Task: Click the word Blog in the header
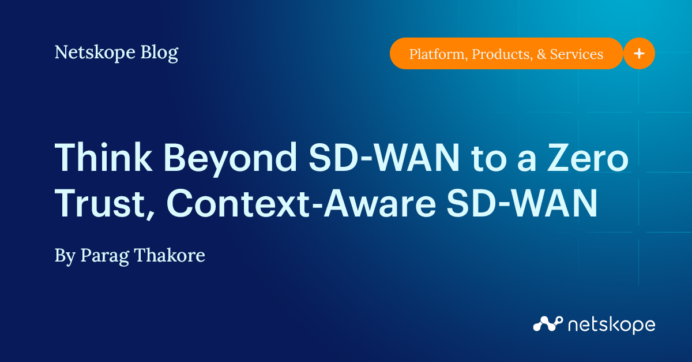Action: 159,53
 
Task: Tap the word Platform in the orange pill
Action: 438,54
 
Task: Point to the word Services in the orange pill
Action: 576,54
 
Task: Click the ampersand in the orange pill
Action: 540,54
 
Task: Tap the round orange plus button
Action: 639,53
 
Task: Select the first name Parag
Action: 100,255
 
